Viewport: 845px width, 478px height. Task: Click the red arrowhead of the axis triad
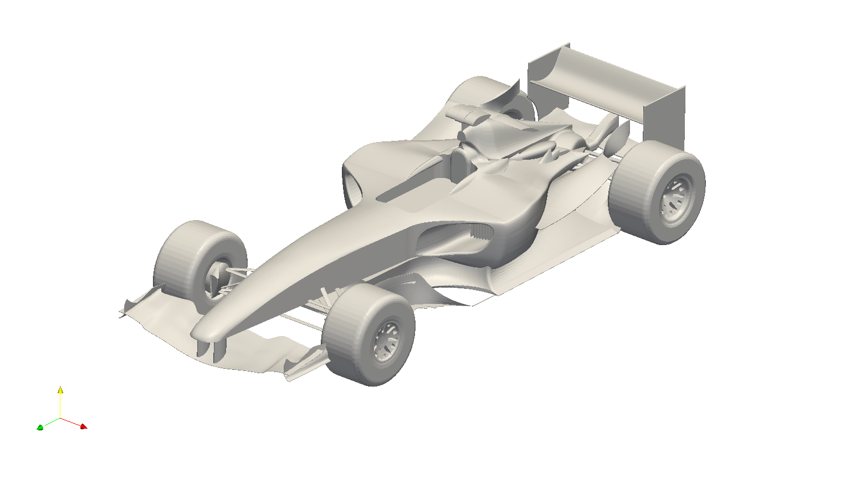pyautogui.click(x=84, y=426)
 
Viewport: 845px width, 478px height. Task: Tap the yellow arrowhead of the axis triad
pyautogui.click(x=60, y=390)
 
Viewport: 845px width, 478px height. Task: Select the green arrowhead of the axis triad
pyautogui.click(x=40, y=428)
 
